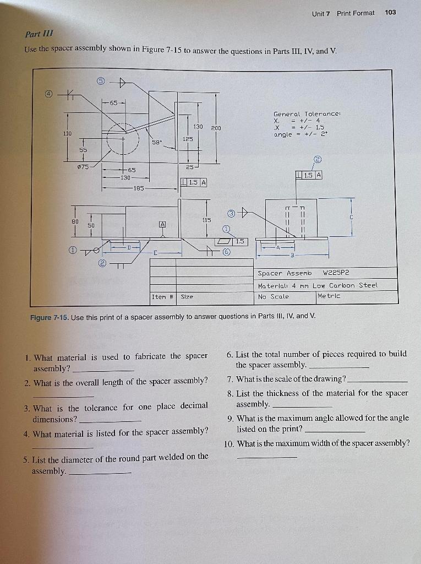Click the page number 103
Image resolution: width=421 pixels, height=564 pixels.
pos(391,13)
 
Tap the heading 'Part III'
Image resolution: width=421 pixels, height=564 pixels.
pos(37,33)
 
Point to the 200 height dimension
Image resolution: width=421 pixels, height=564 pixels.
pos(216,128)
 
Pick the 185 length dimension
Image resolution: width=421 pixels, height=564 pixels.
pos(138,188)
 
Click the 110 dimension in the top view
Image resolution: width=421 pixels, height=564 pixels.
pos(67,133)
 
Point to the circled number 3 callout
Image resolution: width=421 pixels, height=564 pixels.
pos(232,213)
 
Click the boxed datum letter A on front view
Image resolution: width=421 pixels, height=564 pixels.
pos(162,224)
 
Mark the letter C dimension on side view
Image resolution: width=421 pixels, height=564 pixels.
pos(351,218)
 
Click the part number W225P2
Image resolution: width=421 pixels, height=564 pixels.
pos(336,273)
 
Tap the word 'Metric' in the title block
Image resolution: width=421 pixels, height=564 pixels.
pos(329,296)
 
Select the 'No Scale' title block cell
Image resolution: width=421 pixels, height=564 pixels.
pos(273,296)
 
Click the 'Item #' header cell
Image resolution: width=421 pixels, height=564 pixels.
pos(163,296)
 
